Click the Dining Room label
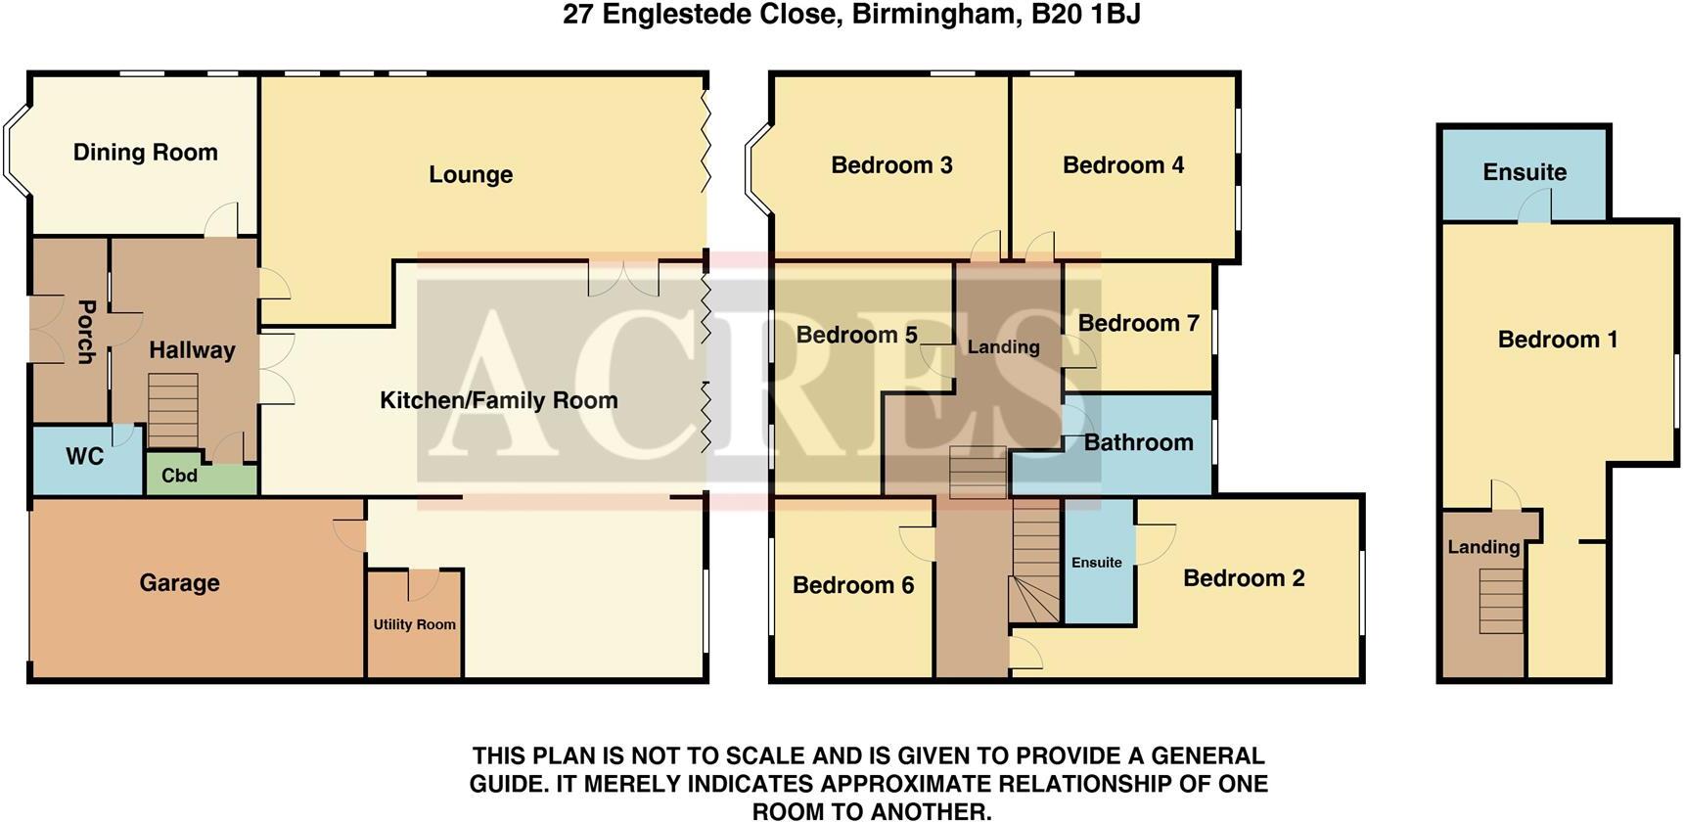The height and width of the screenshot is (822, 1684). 145,153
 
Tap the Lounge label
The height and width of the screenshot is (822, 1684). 471,175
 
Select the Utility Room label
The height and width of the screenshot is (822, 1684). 414,624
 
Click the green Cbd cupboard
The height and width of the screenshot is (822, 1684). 180,477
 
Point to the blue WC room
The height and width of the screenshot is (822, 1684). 85,457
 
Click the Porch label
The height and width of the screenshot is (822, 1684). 86,332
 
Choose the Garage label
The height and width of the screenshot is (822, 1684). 179,583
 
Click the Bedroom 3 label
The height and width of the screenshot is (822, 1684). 891,165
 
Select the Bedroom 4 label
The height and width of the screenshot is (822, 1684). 1123,165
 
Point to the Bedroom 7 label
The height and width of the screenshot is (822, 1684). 1138,324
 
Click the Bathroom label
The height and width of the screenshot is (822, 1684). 1138,442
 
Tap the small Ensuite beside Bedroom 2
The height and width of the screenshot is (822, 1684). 1097,563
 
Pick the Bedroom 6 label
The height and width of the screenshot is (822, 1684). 853,585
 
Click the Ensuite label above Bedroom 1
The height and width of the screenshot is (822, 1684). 1525,172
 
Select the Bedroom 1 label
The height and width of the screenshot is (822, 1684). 1558,340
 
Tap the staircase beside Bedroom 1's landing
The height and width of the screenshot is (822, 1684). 1500,600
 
